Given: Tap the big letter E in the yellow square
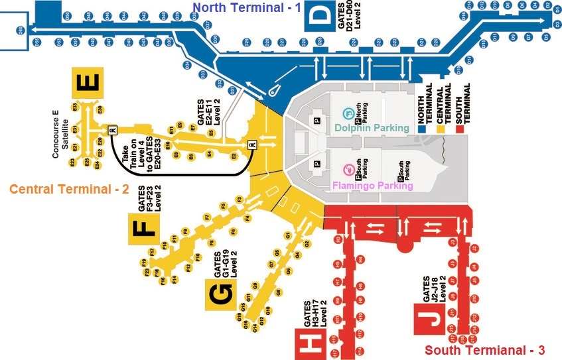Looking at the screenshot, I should [x=89, y=83].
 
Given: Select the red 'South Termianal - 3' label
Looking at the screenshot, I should [x=485, y=350].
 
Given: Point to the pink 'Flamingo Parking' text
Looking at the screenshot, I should [x=373, y=186].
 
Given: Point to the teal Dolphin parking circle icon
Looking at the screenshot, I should [x=346, y=113].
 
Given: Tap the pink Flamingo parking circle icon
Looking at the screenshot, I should [x=346, y=170].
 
